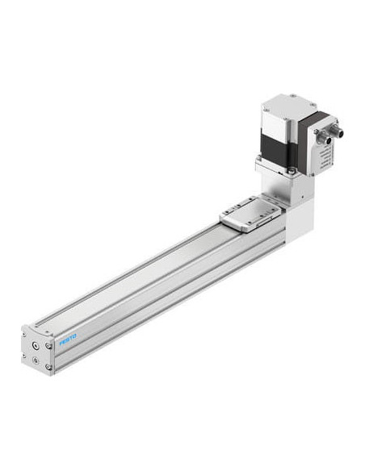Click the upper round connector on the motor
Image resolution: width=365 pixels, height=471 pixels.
pos(337,131)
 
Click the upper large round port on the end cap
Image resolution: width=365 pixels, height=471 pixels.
pos(36,346)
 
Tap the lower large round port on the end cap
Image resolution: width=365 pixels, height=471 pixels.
pos(36,360)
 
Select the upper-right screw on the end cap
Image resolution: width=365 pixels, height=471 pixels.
pos(48,346)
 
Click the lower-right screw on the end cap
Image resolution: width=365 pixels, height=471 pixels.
pos(48,367)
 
